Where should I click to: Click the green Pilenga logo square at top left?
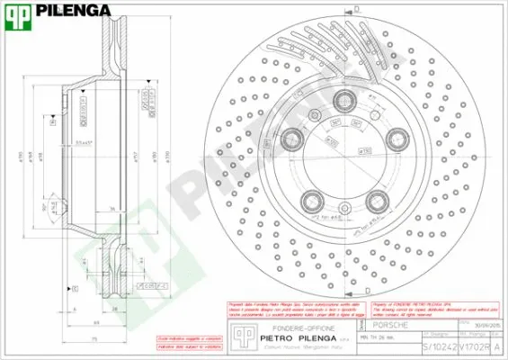pyautogui.click(x=19, y=14)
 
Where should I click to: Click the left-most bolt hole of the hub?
pyautogui.click(x=292, y=139)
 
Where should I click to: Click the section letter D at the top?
pyautogui.click(x=356, y=8)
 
